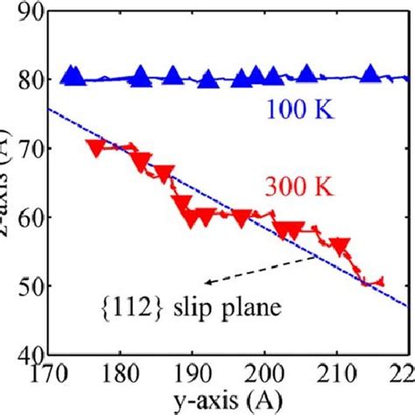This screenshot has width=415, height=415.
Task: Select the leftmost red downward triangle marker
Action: click(x=97, y=147)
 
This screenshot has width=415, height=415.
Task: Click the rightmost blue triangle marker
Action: click(x=371, y=74)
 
